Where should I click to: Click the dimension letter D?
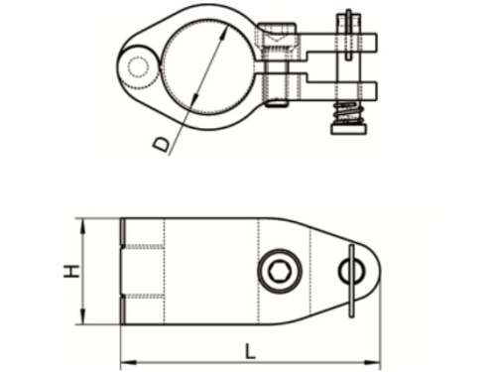pos(162,145)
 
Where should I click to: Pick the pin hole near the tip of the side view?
pos(351,269)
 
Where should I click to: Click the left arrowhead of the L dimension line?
pos(125,359)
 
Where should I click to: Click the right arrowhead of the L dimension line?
pos(376,359)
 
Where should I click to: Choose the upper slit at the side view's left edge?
pos(123,232)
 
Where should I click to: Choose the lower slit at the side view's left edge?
pos(123,309)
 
